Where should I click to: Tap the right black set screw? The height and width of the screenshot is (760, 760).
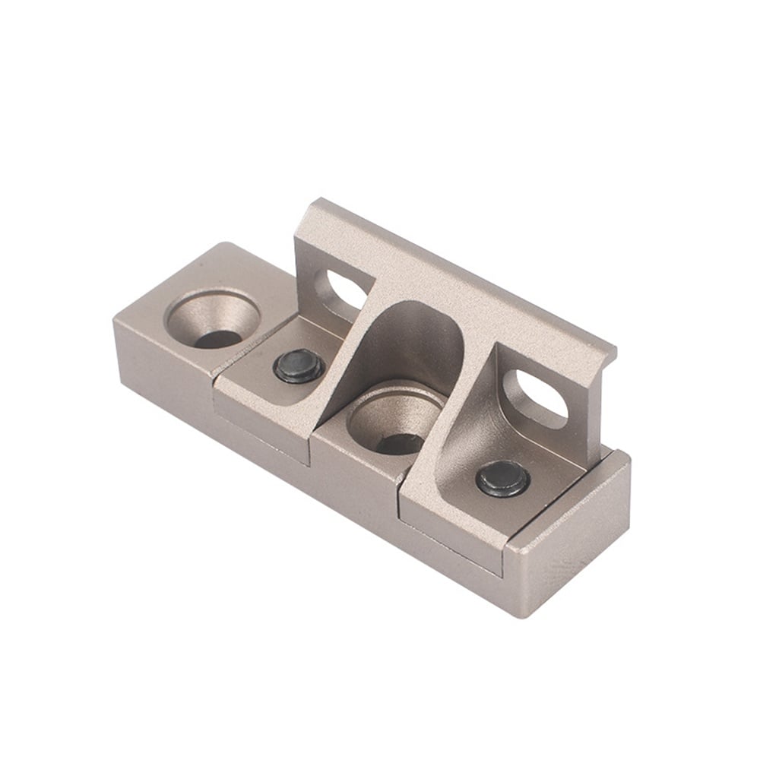click(503, 480)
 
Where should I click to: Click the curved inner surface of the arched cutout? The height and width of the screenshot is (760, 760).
click(414, 342)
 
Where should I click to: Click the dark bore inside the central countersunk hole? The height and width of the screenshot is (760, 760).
click(398, 443)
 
